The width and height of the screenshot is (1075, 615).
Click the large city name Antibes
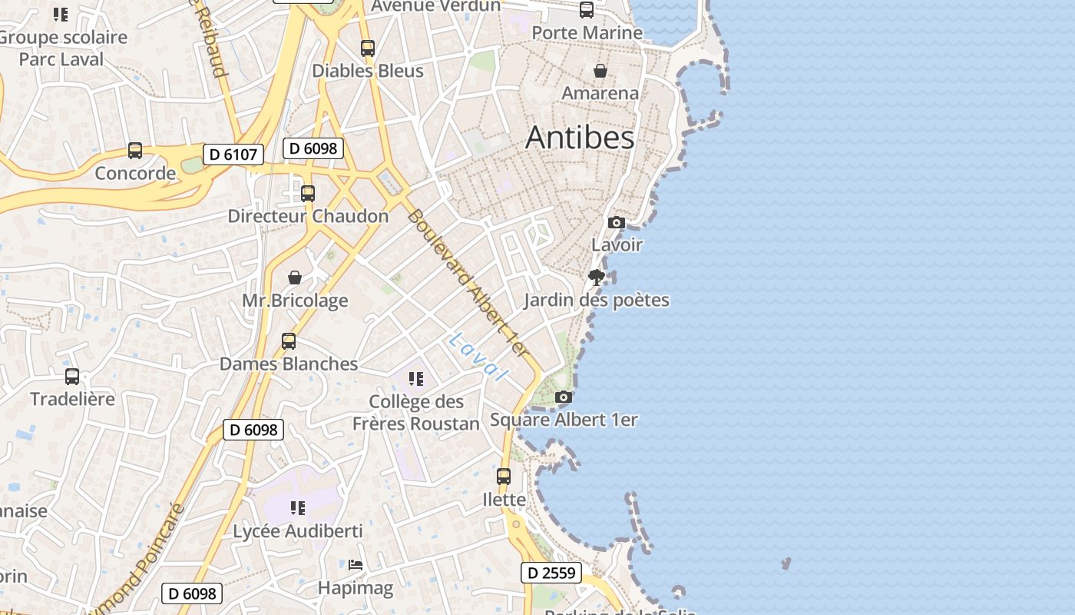pos(580,138)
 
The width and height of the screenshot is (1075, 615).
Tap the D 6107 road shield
pos(233,155)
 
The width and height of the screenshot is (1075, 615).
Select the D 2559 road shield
pos(551,573)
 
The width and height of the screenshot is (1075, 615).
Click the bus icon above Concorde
pos(135,151)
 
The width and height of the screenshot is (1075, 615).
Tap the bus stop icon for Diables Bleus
pos(368,48)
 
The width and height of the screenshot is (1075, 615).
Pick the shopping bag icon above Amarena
pos(600,71)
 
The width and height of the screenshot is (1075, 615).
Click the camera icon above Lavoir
pos(616,223)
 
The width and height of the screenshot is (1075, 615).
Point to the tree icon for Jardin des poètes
pos(596,278)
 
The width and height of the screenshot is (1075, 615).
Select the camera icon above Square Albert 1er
pos(564,397)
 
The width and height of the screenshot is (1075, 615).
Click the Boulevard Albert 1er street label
pos(468,283)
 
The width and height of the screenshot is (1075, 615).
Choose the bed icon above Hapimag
pos(356,565)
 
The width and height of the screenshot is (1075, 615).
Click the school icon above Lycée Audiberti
pos(298,508)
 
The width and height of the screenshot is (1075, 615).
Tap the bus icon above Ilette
pos(504,477)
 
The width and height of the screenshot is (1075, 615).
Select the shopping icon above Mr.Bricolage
pos(295,278)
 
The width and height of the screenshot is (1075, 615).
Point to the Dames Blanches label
pos(289,364)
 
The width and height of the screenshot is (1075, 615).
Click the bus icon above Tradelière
pos(72,377)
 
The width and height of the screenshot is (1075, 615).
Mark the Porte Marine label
pos(587,33)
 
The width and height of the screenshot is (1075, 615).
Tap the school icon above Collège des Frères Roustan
pos(416,378)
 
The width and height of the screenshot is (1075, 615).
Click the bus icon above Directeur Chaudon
pos(308,194)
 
